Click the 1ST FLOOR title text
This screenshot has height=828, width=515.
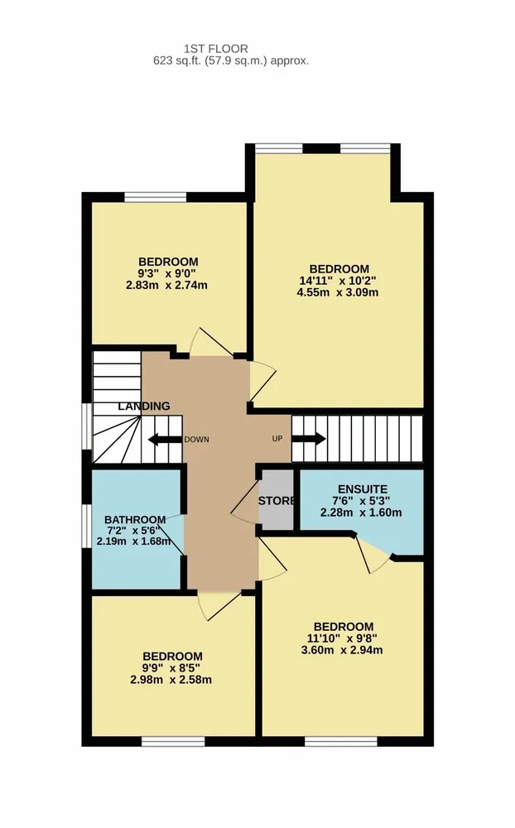pos(215,49)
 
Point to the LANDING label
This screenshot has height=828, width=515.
pos(144,406)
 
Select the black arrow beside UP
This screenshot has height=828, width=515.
pos(309,438)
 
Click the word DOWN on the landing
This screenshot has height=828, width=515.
pos(196,440)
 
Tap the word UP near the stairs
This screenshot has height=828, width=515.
pos(277,438)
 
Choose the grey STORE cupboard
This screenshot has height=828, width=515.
pos(277,499)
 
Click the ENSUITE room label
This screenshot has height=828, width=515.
pos(363,489)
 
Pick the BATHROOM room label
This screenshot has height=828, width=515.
pos(135,520)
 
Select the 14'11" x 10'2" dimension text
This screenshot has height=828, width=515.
pos(338,281)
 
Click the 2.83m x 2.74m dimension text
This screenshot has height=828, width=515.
pos(166,285)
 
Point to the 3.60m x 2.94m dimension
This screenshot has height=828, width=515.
pos(342,650)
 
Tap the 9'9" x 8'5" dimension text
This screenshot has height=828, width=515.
pos(171,667)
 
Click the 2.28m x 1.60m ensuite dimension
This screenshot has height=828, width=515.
pos(361,513)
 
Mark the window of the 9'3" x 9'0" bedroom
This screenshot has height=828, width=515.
pos(156,198)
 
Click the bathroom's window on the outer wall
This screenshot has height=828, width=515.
pos(87,527)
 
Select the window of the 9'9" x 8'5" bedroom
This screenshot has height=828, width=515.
pos(173,741)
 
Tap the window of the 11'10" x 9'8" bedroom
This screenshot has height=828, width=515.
pos(341,741)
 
